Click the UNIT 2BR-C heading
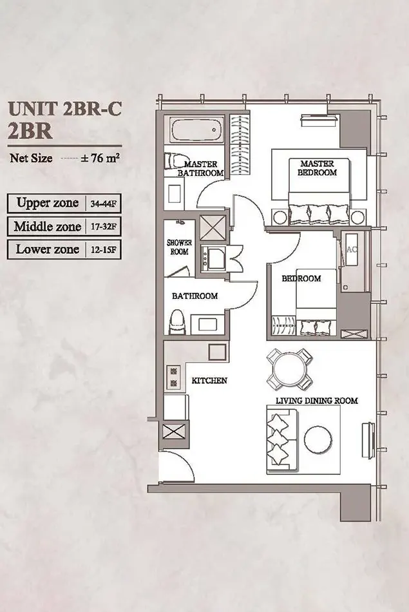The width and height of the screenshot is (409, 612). [x=65, y=108]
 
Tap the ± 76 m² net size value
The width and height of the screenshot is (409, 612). [x=100, y=158]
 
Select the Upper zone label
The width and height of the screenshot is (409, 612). [x=48, y=203]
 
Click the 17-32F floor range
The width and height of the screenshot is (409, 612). [x=103, y=227]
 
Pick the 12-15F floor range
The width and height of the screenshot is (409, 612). [x=103, y=250]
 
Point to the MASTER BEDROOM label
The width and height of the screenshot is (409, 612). [x=318, y=168]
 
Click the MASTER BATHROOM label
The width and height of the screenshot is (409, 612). [x=200, y=168]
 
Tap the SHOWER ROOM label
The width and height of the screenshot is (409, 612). [x=179, y=247]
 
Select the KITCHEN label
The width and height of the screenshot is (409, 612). [x=209, y=380]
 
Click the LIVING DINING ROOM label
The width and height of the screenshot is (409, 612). [x=316, y=401]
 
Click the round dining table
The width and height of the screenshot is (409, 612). [x=289, y=369]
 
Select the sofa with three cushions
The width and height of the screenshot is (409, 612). [x=281, y=440]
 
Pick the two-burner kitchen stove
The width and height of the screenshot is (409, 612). [x=173, y=378]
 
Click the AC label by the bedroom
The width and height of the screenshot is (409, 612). [x=352, y=249]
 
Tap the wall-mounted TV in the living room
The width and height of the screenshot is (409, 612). [x=368, y=440]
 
